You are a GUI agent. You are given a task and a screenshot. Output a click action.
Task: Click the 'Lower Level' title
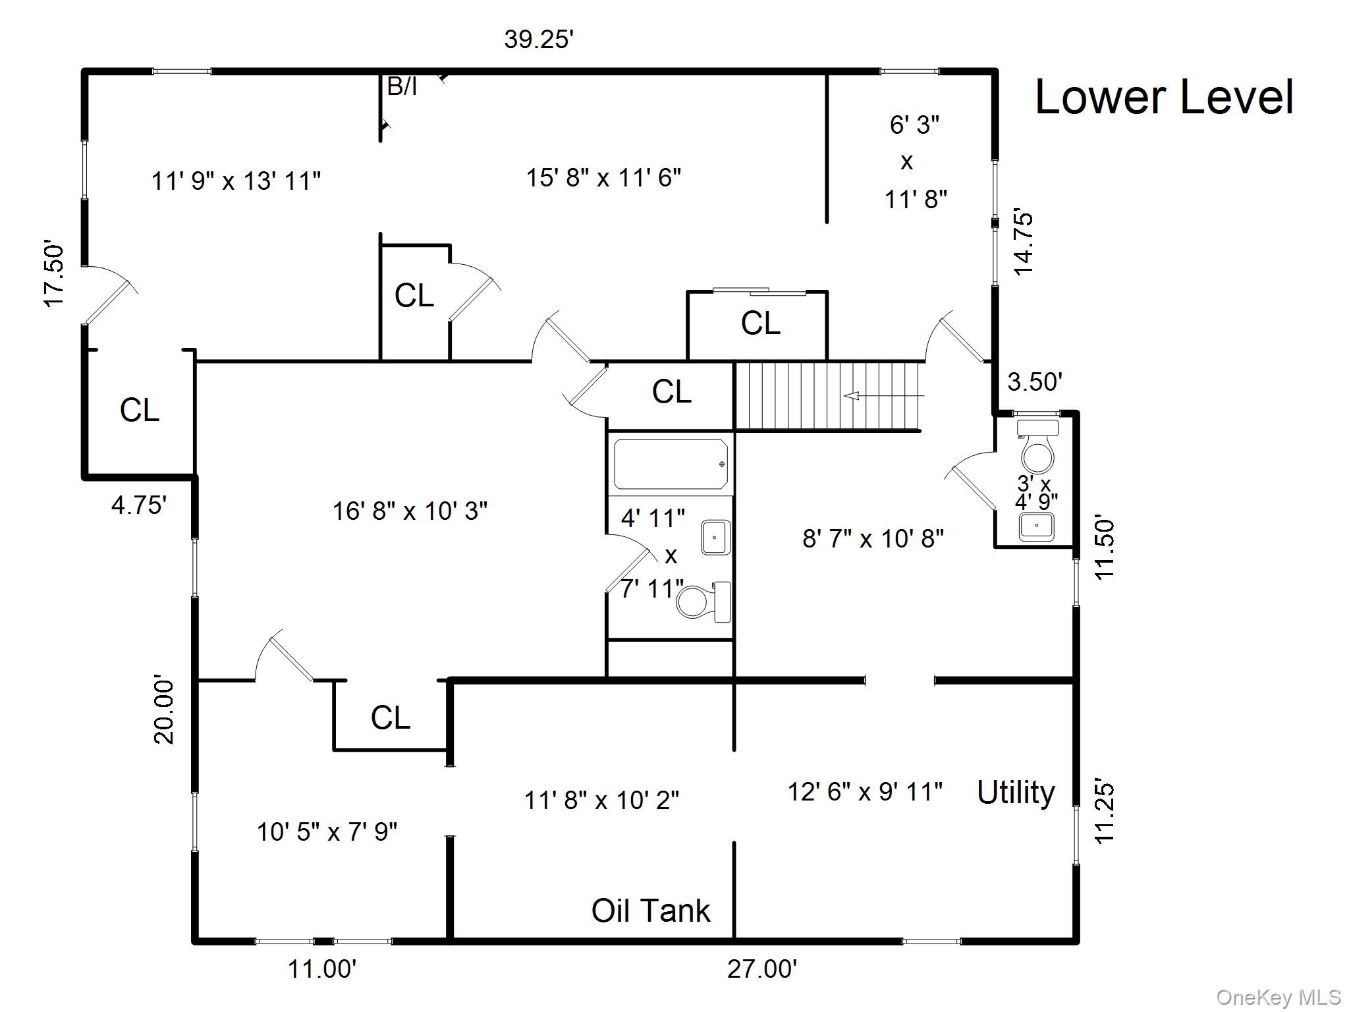pyautogui.click(x=1164, y=98)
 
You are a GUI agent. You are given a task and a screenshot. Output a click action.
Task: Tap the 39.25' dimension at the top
pyautogui.click(x=539, y=40)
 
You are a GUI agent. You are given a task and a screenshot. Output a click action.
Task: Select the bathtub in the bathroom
pyautogui.click(x=671, y=464)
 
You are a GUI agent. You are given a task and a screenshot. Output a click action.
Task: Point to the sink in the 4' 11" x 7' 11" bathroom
pyautogui.click(x=715, y=537)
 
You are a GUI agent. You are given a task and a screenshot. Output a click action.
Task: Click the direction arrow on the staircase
pyautogui.click(x=854, y=396)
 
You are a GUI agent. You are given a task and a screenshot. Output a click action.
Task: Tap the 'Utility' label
pyautogui.click(x=1015, y=793)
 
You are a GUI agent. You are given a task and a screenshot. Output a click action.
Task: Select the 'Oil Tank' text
pyautogui.click(x=651, y=911)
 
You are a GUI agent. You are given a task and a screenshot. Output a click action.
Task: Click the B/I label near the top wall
pyautogui.click(x=402, y=86)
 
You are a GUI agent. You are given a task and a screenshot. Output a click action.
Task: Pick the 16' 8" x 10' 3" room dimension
pyautogui.click(x=410, y=511)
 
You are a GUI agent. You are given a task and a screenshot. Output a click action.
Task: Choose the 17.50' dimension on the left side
pyautogui.click(x=55, y=274)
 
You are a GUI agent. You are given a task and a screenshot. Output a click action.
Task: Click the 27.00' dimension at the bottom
pyautogui.click(x=762, y=969)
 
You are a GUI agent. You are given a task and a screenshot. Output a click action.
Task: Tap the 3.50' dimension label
pyautogui.click(x=1035, y=381)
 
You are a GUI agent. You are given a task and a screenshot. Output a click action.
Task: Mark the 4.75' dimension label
pyautogui.click(x=138, y=505)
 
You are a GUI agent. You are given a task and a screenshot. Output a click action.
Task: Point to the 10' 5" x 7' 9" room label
pyautogui.click(x=327, y=832)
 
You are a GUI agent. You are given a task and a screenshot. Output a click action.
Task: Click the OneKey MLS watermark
pyautogui.click(x=1279, y=998)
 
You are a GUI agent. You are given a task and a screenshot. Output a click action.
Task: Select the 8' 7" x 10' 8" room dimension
pyautogui.click(x=873, y=539)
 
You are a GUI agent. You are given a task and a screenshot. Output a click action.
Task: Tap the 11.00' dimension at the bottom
pyautogui.click(x=322, y=969)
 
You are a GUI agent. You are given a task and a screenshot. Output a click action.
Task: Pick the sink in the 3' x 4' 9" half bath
pyautogui.click(x=1037, y=526)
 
